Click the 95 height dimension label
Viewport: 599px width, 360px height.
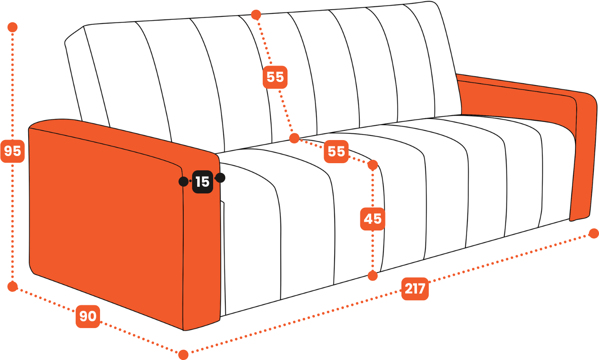(13, 151)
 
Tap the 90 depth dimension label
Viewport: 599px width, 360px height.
(88, 316)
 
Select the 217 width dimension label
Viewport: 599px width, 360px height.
(415, 289)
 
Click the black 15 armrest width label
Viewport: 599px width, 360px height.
(203, 182)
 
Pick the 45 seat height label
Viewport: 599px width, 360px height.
(372, 219)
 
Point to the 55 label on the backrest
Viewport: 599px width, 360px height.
(275, 77)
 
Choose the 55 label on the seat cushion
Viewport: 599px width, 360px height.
(336, 151)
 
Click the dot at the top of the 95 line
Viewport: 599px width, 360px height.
(13, 27)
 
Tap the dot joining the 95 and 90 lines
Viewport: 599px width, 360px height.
(13, 287)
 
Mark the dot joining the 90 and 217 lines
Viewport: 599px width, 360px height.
(183, 355)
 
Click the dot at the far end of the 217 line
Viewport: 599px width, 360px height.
(594, 233)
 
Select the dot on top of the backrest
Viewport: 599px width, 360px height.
(256, 15)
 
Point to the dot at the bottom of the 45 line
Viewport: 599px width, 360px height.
(372, 276)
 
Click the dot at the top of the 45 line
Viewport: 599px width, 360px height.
(372, 165)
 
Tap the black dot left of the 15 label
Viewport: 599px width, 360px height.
(183, 182)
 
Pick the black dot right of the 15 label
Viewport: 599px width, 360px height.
(220, 178)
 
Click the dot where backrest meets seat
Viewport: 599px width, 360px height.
(294, 138)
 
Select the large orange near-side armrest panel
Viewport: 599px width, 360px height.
(106, 214)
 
